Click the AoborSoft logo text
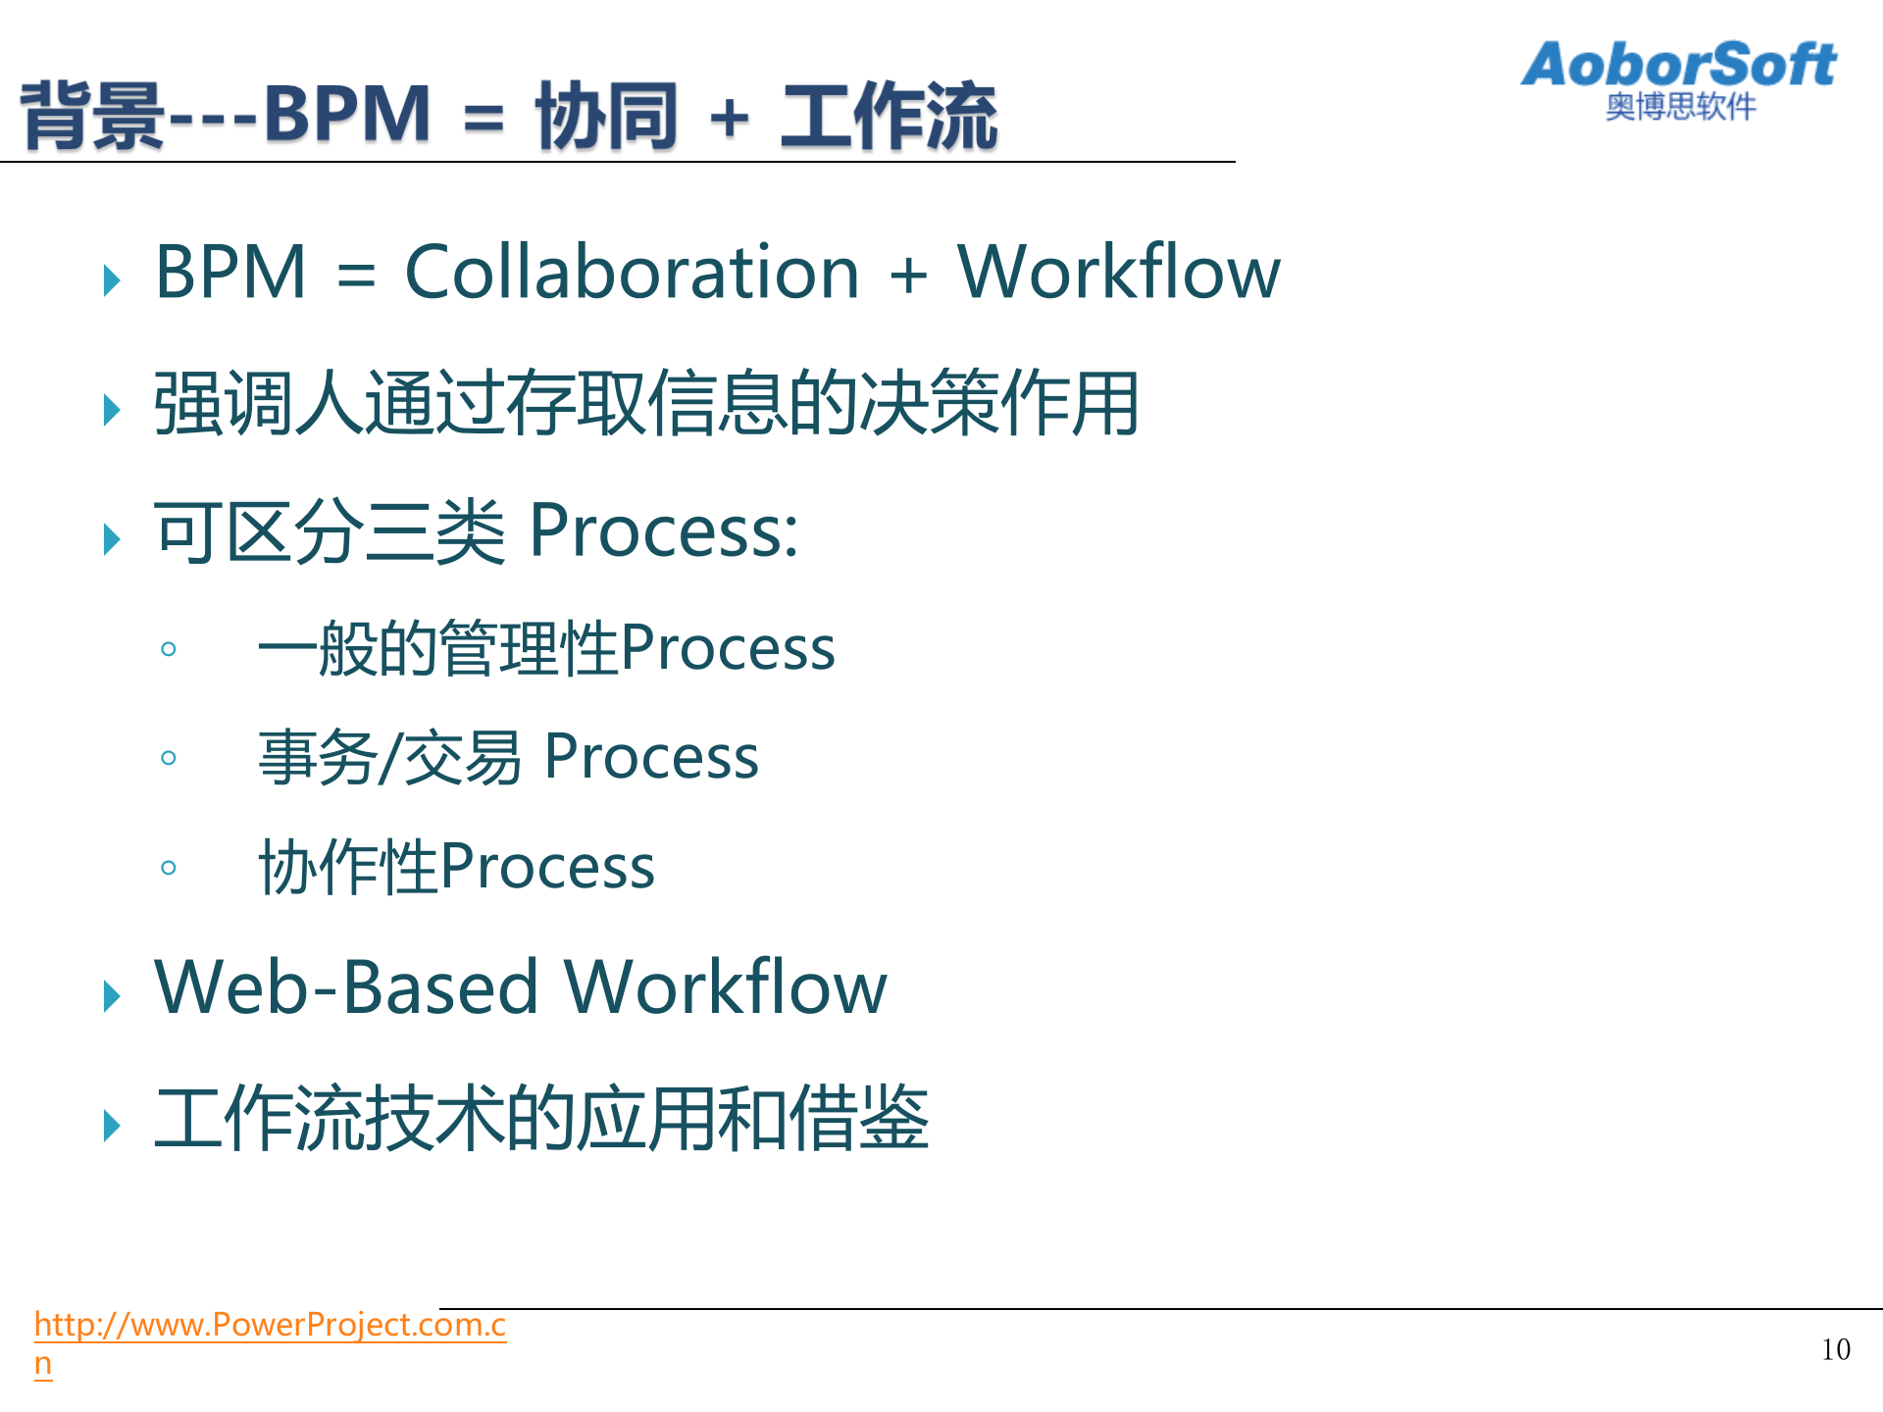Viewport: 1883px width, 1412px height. [1678, 65]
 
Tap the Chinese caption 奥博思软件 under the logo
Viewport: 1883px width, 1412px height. [1680, 107]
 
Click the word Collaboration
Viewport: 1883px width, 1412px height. [632, 272]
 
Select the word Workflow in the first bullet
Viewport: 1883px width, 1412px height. [1118, 272]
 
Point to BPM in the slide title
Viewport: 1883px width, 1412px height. [347, 115]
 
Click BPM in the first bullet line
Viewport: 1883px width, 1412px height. [230, 272]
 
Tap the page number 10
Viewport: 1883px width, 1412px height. [1835, 1350]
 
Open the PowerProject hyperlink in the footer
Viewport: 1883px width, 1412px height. [270, 1326]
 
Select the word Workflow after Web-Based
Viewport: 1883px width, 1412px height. [726, 987]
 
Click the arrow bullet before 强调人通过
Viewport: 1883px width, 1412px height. [112, 409]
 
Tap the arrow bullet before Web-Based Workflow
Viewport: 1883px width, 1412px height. [112, 996]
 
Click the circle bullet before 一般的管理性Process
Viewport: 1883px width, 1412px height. [169, 649]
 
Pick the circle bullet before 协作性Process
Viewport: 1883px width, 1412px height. [169, 868]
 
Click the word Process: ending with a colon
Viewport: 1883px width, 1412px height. [664, 531]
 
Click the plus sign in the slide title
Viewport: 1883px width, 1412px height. [729, 119]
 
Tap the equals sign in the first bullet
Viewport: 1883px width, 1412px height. [356, 275]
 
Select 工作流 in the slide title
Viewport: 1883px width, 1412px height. [889, 116]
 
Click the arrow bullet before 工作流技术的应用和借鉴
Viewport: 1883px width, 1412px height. [112, 1126]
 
